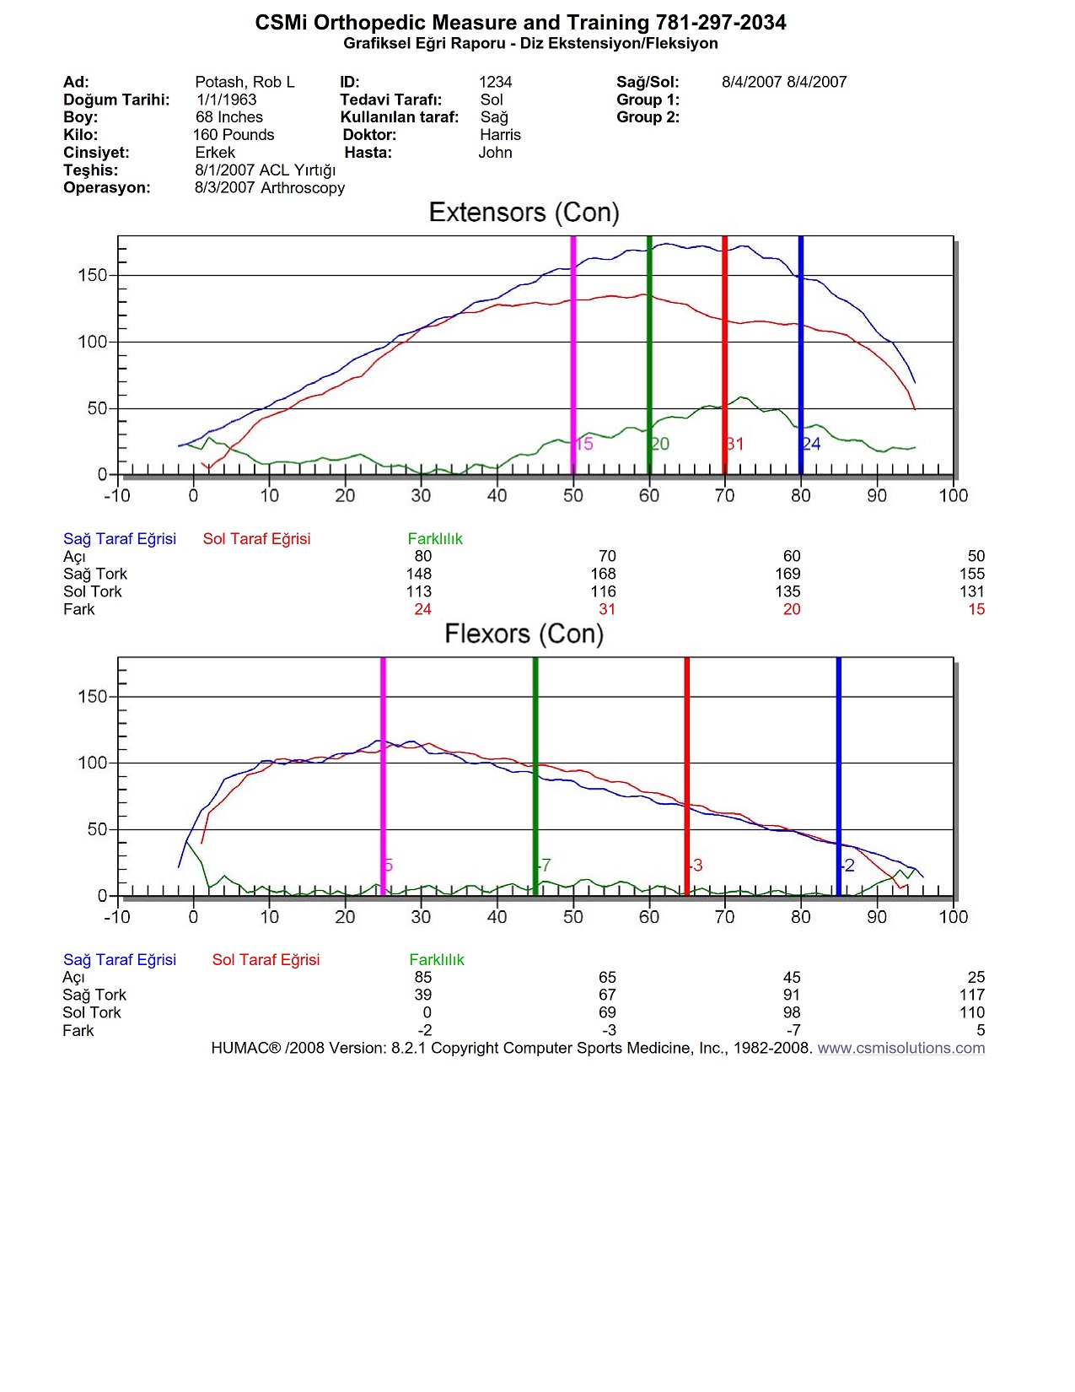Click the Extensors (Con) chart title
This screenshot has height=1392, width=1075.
point(524,213)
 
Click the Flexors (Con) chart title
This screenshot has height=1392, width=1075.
point(524,634)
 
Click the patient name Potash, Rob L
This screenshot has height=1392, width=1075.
point(245,82)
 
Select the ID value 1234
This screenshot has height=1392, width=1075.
point(495,82)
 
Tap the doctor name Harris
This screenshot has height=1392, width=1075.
point(500,135)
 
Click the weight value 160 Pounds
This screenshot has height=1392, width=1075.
point(234,135)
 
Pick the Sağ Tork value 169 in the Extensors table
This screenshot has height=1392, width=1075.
point(787,574)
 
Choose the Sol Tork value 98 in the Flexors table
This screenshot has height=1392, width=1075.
point(792,1012)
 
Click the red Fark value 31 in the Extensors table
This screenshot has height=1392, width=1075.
point(607,609)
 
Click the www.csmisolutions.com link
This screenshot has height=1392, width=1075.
point(900,1048)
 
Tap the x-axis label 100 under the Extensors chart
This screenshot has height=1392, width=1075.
point(954,496)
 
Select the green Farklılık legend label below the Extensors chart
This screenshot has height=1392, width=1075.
point(435,538)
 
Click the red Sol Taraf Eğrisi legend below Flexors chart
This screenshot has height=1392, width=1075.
point(266,959)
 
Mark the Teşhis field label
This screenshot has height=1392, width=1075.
point(90,170)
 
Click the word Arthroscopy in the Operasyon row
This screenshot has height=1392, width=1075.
point(303,188)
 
